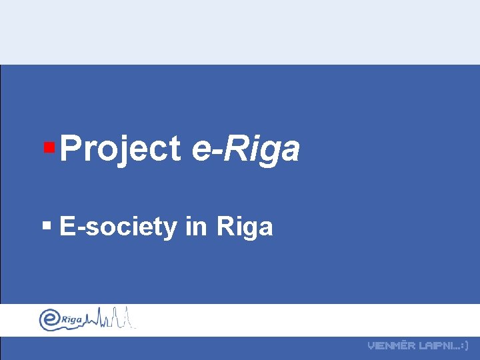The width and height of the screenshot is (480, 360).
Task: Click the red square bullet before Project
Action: pos(48,145)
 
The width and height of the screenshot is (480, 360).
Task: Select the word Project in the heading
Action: pos(121,149)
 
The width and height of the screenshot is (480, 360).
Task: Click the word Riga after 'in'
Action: pos(245,227)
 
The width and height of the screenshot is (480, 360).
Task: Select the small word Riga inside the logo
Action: pos(71,320)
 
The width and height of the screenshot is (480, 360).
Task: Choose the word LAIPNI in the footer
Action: pos(434,346)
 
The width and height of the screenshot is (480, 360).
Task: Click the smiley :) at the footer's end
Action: pos(465,346)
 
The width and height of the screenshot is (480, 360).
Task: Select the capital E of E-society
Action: pos(67,227)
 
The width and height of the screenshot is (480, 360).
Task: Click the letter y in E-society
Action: pos(171,230)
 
